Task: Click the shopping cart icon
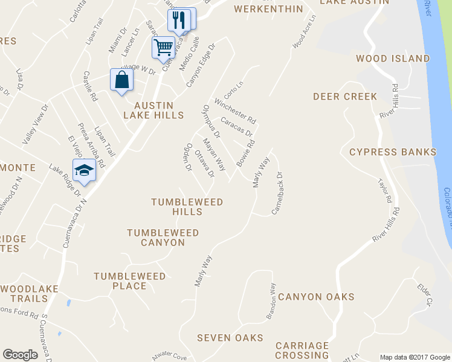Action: point(164,47)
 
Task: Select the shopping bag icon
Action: point(121,80)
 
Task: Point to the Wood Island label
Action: point(393,59)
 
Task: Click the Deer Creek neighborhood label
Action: point(345,97)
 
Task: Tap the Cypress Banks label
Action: point(392,151)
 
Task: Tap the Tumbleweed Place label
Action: point(129,281)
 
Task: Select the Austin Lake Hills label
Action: point(153,110)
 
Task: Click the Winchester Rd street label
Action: point(236,108)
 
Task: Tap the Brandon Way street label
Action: point(271,301)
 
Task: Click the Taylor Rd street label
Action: point(384,190)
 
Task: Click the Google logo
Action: point(20,355)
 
